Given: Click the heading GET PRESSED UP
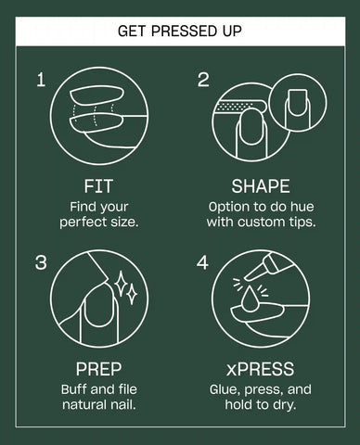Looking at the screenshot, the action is click(x=180, y=31).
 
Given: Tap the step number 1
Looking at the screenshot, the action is click(x=41, y=80).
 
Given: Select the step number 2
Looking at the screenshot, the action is click(x=203, y=80).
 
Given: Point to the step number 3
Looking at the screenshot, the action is click(x=41, y=262).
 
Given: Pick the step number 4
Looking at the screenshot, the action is click(x=202, y=262).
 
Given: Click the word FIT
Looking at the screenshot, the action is click(x=98, y=186).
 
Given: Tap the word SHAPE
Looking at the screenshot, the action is click(x=261, y=186).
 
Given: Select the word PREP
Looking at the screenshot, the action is click(x=98, y=369).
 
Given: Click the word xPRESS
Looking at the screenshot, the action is click(x=260, y=369).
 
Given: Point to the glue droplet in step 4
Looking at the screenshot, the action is click(x=250, y=299).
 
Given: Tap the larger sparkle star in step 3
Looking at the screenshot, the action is click(x=122, y=284).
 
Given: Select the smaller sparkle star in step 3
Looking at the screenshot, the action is click(x=132, y=294).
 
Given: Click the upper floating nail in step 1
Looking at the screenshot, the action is click(x=96, y=96).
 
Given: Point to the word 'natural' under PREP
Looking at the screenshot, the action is click(x=83, y=404).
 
